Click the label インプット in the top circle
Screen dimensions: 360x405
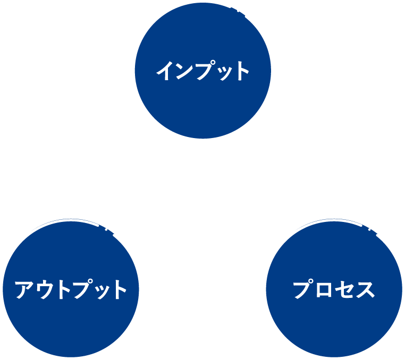(203, 71)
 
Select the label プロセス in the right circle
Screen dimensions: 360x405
(334, 290)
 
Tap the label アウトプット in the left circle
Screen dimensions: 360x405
(71, 290)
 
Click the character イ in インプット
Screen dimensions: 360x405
(165, 71)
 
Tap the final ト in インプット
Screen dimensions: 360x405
(241, 71)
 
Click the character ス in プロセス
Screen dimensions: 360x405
(365, 290)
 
